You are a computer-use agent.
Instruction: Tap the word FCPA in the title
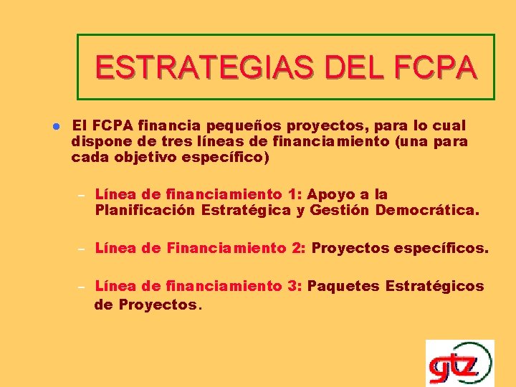pos(434,68)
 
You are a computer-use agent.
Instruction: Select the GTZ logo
pos(459,363)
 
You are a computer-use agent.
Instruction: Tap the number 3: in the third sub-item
pos(295,287)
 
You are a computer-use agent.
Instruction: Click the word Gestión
pos(340,211)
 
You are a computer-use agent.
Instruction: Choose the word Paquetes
pos(345,287)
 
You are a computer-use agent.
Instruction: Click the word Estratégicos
pos(435,287)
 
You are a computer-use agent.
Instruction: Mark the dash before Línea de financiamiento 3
pos(81,287)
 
